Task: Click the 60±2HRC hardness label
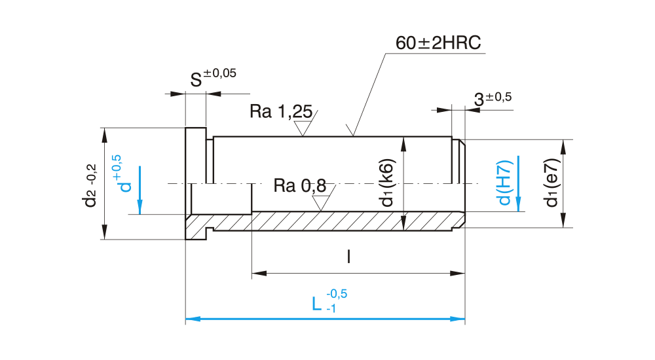(438, 44)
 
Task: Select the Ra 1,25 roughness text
(280, 111)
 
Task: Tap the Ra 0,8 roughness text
(299, 186)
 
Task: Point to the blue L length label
(317, 304)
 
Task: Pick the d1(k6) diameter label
(388, 183)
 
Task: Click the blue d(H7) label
(504, 183)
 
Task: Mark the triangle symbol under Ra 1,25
(303, 128)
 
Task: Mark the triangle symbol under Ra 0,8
(320, 203)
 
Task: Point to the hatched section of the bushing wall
(327, 221)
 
